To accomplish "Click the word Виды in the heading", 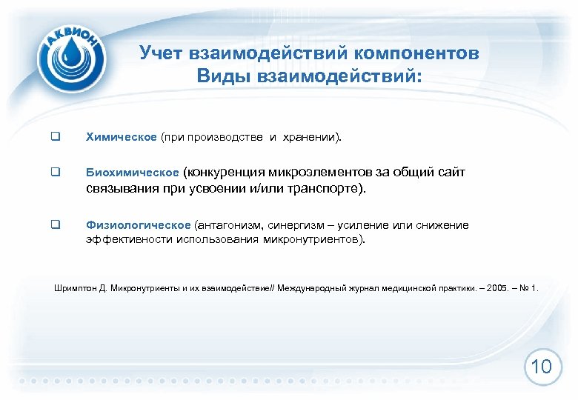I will pyautogui.click(x=220, y=76).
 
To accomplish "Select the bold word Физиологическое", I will pyautogui.click(x=139, y=225).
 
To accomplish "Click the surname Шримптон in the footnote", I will pyautogui.click(x=76, y=287).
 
